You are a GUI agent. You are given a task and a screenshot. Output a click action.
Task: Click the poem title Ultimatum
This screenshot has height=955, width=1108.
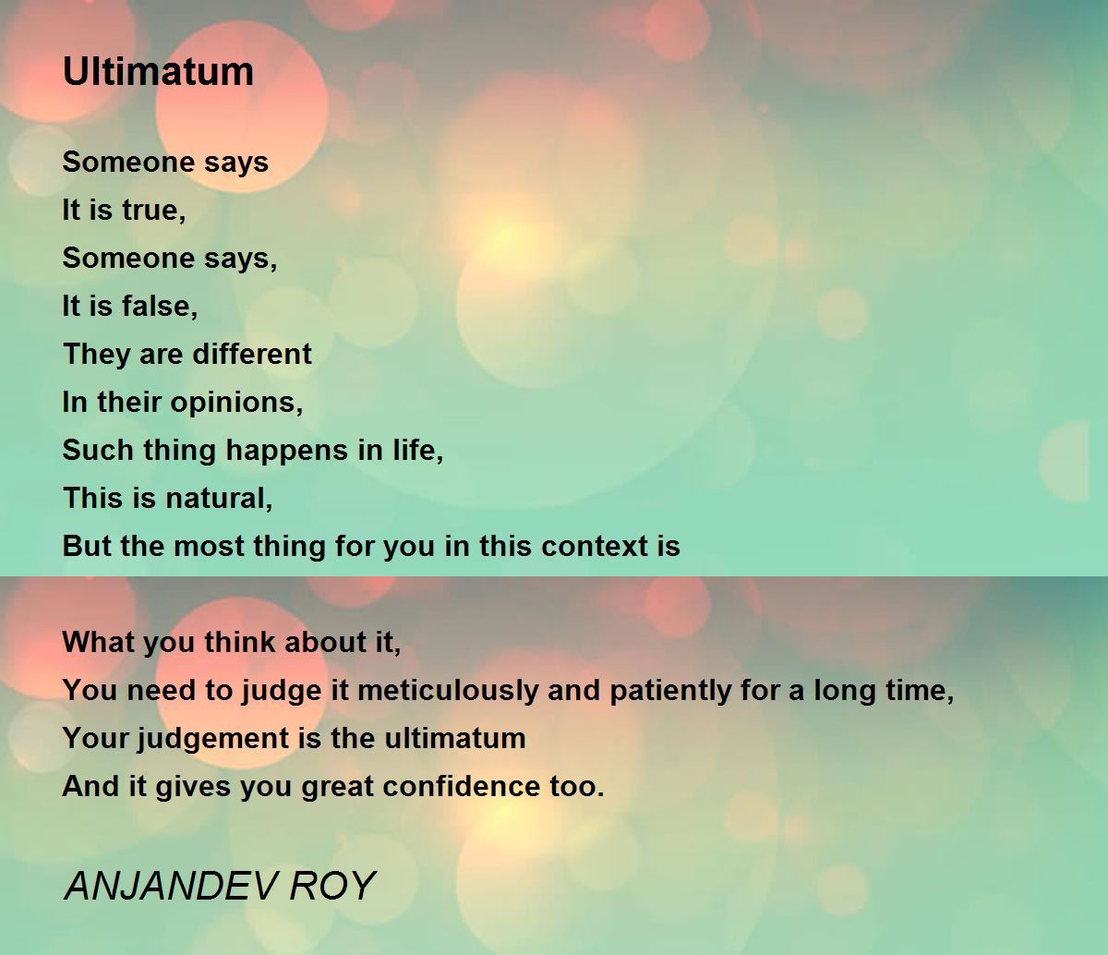(158, 71)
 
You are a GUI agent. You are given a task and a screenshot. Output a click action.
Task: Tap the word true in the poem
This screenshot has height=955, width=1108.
(154, 210)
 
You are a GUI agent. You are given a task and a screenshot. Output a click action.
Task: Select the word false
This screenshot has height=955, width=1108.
(160, 307)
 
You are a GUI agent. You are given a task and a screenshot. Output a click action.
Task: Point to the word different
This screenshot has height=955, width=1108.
(252, 354)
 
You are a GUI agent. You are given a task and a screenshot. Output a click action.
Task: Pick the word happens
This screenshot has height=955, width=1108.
(287, 451)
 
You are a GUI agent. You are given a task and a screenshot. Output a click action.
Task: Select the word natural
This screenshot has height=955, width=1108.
(219, 498)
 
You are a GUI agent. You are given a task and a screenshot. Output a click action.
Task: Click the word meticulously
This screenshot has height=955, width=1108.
(448, 691)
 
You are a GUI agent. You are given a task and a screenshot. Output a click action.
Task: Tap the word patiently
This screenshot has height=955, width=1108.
(670, 691)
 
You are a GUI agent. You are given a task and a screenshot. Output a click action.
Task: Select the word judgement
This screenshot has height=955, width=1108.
(212, 739)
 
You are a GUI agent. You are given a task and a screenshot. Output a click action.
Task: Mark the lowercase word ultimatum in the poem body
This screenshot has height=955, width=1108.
(454, 738)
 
